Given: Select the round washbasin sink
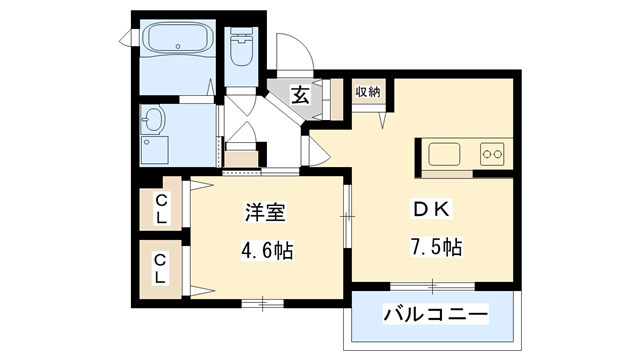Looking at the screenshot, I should point(153,123).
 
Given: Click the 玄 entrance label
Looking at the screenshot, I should point(300,94).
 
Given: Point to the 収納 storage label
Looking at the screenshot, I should point(367,92).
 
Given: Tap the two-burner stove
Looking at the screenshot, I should point(492,153).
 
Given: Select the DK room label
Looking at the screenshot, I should point(433,211).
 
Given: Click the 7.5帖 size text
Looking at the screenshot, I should point(433,246).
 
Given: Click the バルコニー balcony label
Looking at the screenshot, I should point(436,316).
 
